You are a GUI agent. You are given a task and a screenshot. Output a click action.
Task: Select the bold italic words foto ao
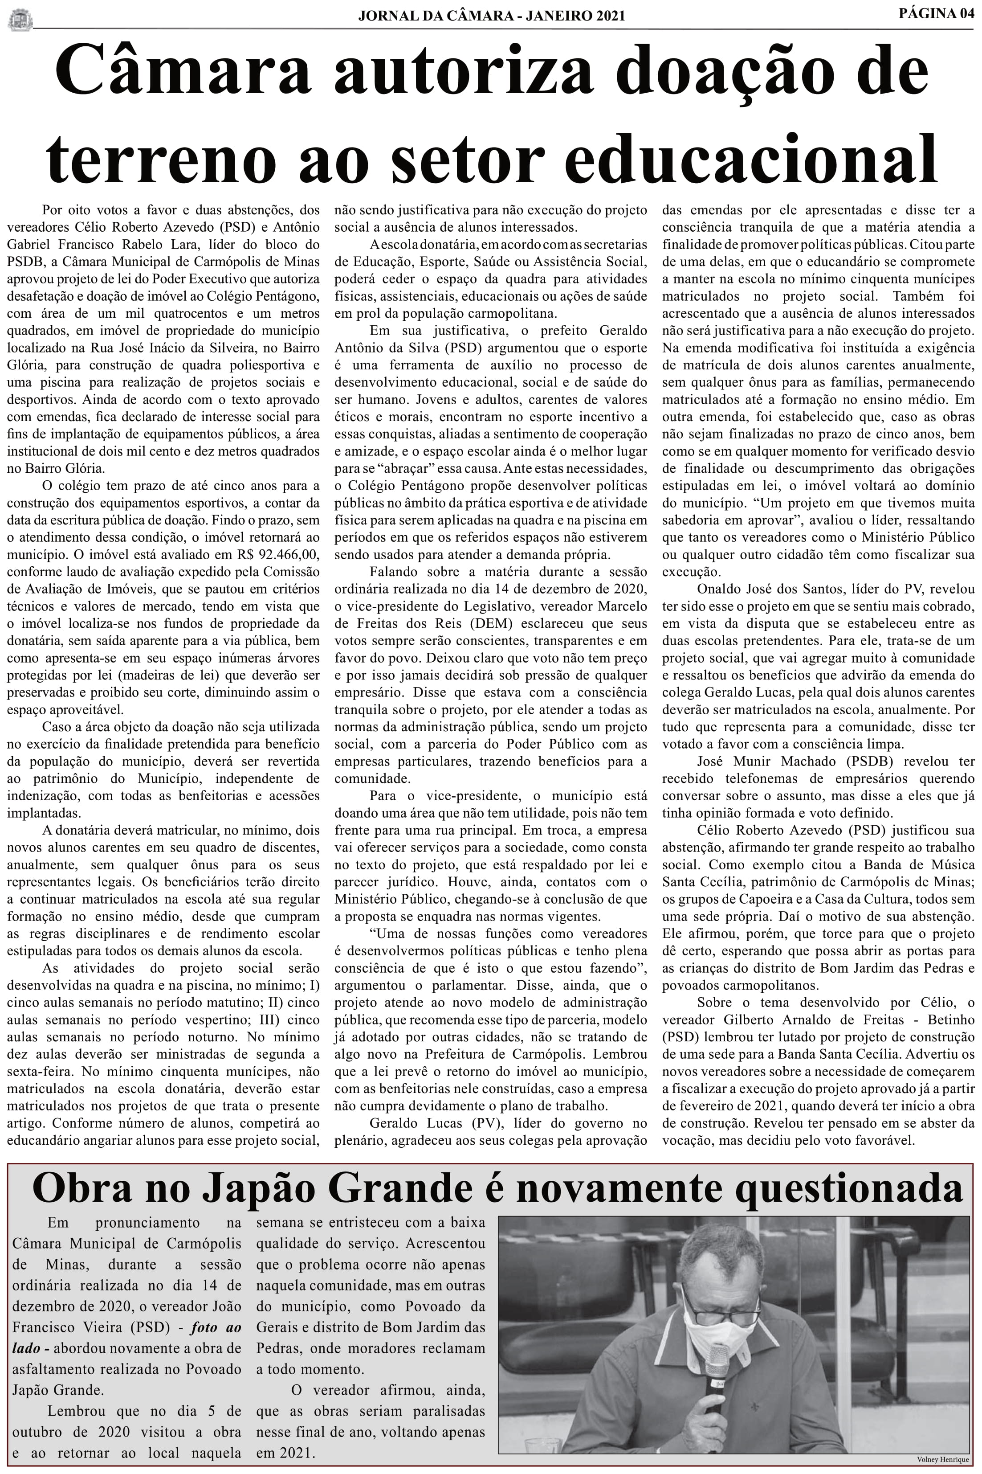(x=216, y=1327)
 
